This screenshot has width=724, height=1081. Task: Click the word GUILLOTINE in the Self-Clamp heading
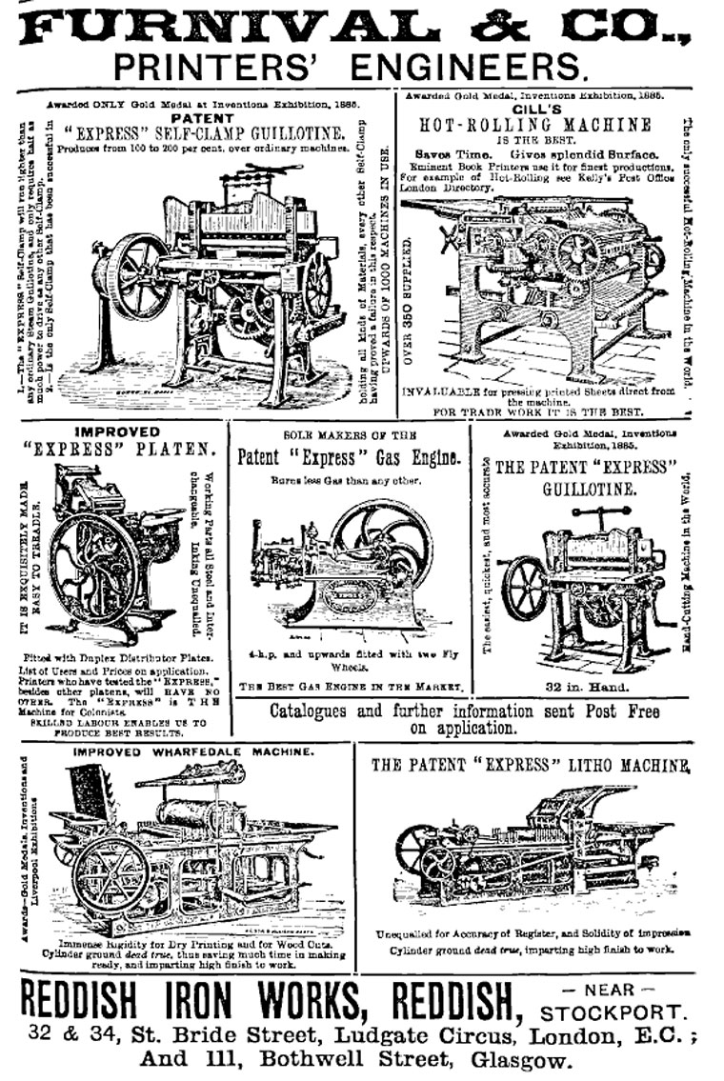pyautogui.click(x=294, y=135)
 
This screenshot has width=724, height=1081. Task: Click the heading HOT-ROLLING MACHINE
pyautogui.click(x=535, y=125)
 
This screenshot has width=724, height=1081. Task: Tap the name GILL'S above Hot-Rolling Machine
pyautogui.click(x=535, y=109)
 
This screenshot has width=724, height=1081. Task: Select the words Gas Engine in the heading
pyautogui.click(x=416, y=458)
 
